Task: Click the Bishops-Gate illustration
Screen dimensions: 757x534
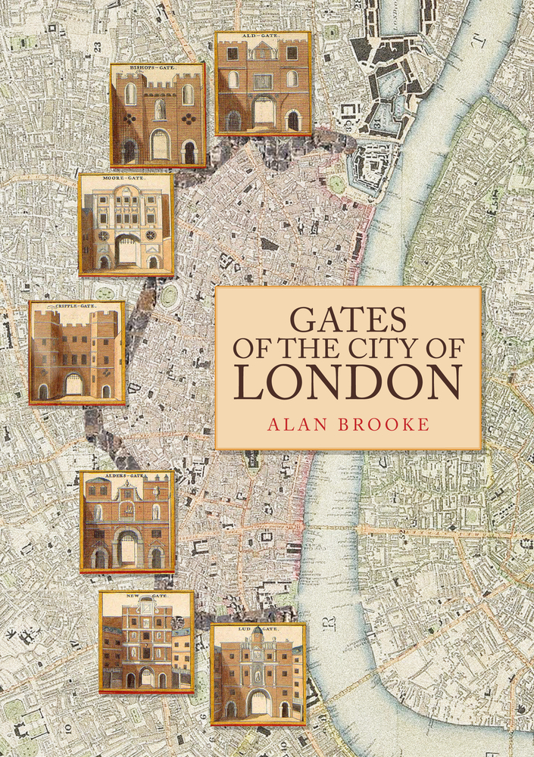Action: tap(158, 115)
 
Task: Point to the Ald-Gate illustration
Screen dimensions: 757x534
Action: tap(263, 83)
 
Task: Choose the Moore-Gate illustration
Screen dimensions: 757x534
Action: tap(126, 225)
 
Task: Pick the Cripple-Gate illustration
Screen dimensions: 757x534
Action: tap(77, 353)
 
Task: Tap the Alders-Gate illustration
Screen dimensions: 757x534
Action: tap(128, 522)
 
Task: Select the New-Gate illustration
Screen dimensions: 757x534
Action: tap(146, 642)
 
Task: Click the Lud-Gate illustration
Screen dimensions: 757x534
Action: tap(258, 674)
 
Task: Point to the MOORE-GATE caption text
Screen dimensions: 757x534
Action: tap(126, 179)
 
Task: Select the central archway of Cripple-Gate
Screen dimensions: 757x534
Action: tap(74, 385)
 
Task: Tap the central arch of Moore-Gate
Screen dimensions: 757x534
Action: tap(126, 251)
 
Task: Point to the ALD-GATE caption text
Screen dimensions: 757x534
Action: tap(263, 36)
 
